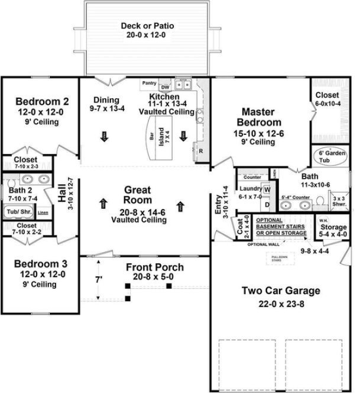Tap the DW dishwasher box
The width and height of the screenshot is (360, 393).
(x=165, y=87)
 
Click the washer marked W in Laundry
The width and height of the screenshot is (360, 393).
(x=267, y=191)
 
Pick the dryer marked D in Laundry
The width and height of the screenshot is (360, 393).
(x=267, y=204)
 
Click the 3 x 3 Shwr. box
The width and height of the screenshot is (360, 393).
(x=339, y=201)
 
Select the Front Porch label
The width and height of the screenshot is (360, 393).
(x=154, y=268)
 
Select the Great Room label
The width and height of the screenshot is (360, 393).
(x=139, y=195)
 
